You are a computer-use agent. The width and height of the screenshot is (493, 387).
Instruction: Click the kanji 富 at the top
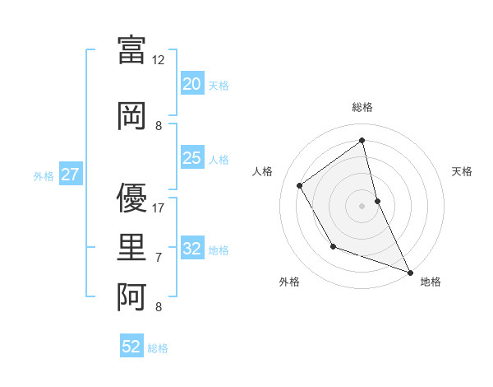(x=131, y=50)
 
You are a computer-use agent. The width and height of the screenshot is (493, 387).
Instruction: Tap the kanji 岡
(x=131, y=116)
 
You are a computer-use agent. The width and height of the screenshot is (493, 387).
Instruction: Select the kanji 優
(x=131, y=198)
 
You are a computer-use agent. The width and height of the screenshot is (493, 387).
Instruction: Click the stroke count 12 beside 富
(x=159, y=59)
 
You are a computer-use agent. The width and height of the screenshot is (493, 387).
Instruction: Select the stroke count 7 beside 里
(x=159, y=258)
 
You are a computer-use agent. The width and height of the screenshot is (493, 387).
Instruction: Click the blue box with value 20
(x=191, y=84)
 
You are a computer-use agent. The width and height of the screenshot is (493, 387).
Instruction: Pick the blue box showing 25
(x=191, y=158)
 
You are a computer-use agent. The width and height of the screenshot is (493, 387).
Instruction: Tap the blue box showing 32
(x=191, y=249)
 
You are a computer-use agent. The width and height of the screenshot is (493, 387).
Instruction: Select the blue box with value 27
(x=70, y=175)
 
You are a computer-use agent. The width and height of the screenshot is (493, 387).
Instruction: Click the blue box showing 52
(x=131, y=347)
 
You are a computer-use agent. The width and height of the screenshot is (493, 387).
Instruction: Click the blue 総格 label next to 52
(x=158, y=348)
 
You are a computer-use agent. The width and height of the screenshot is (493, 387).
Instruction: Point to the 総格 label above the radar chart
(x=362, y=107)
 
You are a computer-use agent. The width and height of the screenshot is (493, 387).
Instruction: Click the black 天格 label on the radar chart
(x=462, y=171)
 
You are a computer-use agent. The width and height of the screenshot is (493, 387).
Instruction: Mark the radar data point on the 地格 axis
(x=411, y=273)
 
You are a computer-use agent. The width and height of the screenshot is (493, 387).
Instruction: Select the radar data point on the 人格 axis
(x=300, y=185)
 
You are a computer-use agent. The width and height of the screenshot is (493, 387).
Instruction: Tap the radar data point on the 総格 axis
(x=362, y=141)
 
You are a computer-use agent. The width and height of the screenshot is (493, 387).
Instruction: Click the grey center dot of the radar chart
(x=362, y=205)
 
